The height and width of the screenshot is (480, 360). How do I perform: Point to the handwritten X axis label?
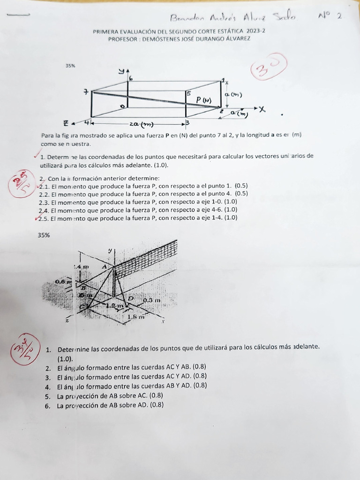[x=262, y=109]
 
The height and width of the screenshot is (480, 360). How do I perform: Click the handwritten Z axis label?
[x=67, y=124]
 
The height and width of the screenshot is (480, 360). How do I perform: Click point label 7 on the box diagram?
[x=85, y=92]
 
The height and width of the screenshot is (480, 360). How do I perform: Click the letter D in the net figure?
[x=130, y=299]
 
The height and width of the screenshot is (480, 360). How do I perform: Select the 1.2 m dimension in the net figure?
[x=113, y=306]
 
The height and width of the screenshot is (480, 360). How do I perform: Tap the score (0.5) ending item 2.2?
[x=241, y=194]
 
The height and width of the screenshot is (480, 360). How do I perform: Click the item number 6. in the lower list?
[x=48, y=406]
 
